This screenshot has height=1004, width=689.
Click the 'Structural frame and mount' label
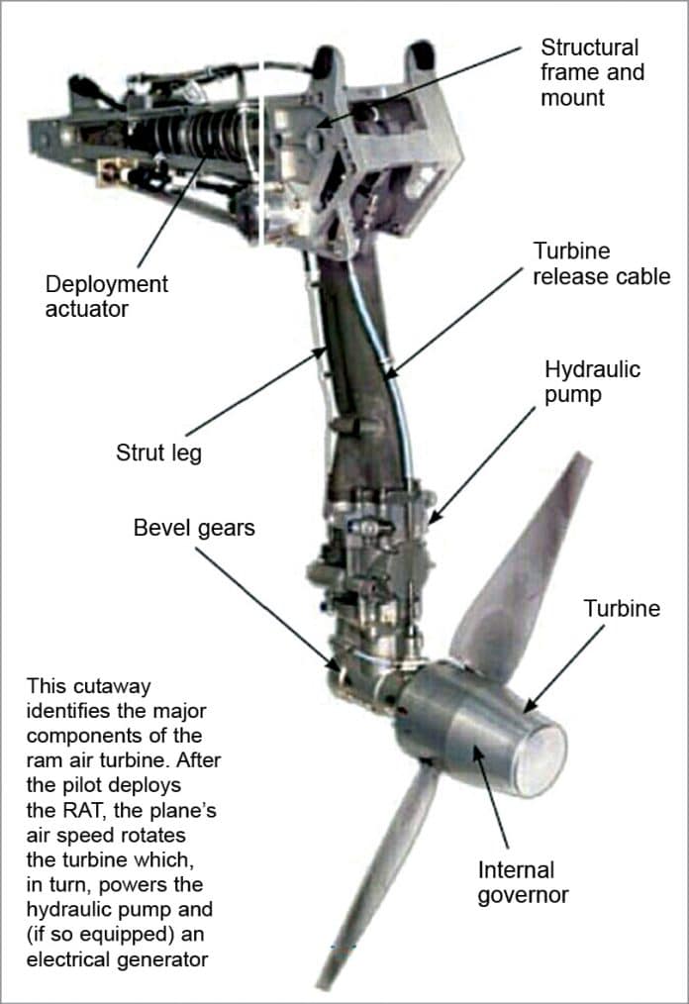pos(589,72)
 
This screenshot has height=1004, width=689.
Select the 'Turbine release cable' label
pos(601,263)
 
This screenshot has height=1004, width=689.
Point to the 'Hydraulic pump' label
pos(592,382)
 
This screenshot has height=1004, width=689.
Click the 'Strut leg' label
pos(158,453)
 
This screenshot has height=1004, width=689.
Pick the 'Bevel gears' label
pos(194,528)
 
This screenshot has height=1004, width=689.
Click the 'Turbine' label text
pos(622,608)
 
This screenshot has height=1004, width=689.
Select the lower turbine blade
pos(376,871)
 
